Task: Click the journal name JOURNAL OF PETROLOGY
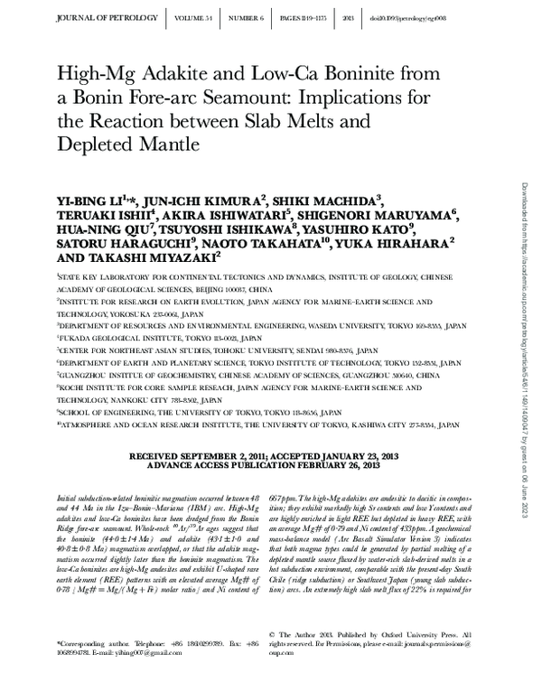[x=98, y=16]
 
